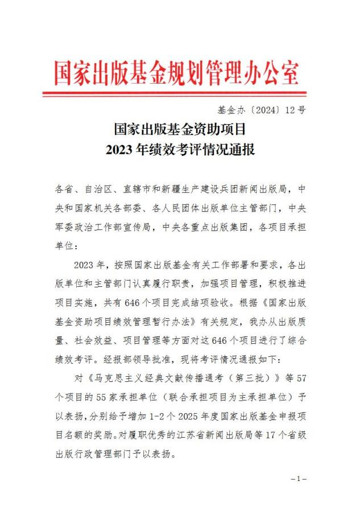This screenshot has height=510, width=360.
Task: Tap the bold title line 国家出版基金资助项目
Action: coord(180,130)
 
